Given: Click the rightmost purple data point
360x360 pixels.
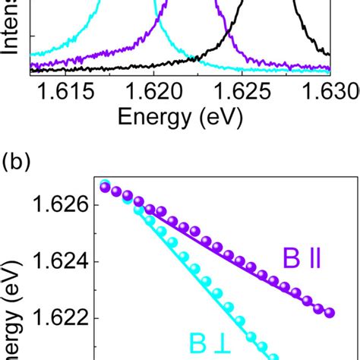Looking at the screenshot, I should (329, 312).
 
